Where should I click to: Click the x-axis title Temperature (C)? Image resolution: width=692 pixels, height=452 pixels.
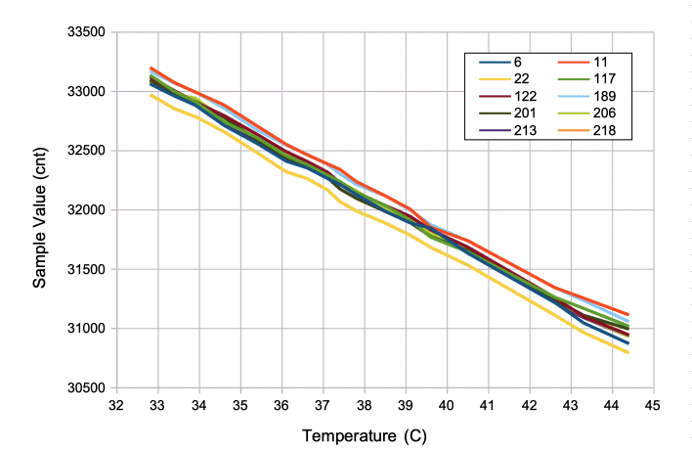(365, 433)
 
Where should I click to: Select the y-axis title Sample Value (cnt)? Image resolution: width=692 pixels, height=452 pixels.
(40, 210)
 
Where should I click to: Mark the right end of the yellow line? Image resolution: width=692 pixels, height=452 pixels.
(627, 352)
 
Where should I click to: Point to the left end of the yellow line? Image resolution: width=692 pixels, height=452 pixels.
(151, 95)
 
